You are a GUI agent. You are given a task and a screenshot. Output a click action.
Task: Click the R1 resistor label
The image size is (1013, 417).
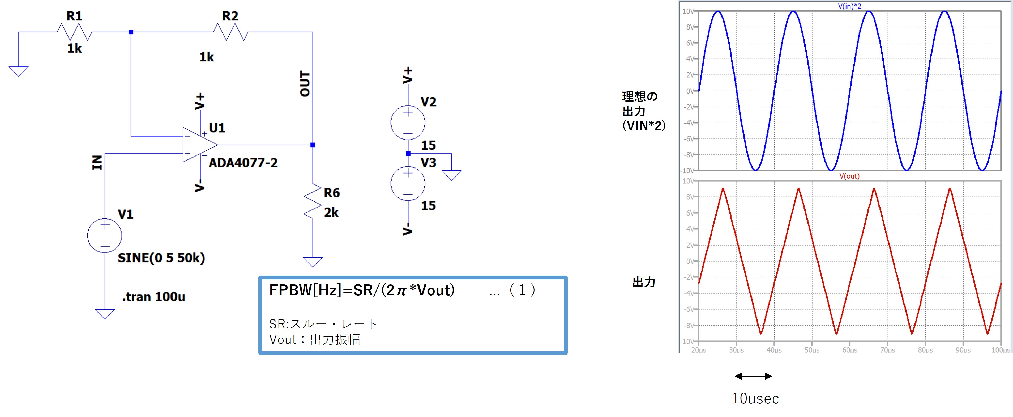click(x=74, y=16)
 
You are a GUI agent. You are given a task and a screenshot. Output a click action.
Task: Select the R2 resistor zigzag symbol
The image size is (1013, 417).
click(x=230, y=32)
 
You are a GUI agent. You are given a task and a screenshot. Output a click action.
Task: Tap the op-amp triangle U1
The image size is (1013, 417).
click(x=199, y=145)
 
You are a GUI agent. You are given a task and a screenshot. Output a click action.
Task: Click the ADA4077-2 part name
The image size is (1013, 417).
click(x=243, y=163)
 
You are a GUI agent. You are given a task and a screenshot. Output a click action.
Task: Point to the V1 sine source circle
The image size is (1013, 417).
click(x=105, y=236)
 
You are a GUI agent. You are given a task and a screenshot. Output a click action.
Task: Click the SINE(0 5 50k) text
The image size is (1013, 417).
click(x=161, y=258)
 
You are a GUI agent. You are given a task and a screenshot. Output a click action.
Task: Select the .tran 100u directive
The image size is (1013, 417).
click(x=154, y=297)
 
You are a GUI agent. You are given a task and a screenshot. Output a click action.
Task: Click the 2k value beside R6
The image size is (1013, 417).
click(x=331, y=213)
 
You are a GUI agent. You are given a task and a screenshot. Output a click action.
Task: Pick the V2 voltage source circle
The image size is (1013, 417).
click(x=408, y=123)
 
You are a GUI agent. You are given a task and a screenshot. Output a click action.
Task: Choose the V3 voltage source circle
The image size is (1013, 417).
click(x=408, y=183)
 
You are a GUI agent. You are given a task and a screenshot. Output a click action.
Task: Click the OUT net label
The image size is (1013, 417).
click(x=305, y=84)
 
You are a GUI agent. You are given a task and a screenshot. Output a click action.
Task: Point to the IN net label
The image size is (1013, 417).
click(x=97, y=162)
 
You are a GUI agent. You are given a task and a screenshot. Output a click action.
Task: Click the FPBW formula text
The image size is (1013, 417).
click(x=362, y=290)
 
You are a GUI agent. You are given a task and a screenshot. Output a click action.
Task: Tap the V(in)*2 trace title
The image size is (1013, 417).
click(x=849, y=6)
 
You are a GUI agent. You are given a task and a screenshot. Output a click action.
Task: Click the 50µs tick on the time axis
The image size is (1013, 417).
click(x=812, y=350)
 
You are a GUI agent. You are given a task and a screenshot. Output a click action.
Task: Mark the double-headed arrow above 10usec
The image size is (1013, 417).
click(x=753, y=376)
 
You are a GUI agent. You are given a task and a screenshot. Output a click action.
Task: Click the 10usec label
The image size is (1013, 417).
click(x=755, y=398)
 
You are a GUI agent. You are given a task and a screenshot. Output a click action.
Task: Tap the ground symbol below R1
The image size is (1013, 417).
click(x=19, y=71)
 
